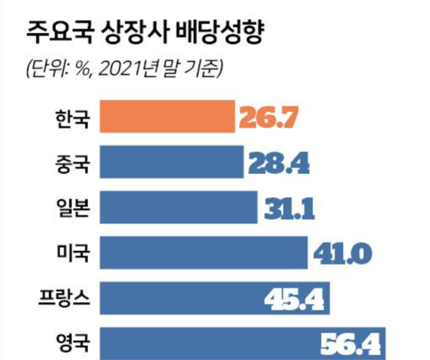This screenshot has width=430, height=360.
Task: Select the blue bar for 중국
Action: (x=172, y=162)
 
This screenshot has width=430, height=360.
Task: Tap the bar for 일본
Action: (x=178, y=207)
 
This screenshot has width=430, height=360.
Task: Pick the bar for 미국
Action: (x=204, y=252)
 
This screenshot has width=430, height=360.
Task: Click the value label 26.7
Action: (x=267, y=118)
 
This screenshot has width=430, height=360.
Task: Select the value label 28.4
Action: (x=278, y=164)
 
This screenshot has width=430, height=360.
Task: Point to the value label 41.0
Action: (x=340, y=252)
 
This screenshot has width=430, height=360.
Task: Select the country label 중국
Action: (x=72, y=163)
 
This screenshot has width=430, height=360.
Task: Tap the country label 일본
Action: (x=72, y=208)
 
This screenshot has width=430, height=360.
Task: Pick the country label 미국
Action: (x=72, y=252)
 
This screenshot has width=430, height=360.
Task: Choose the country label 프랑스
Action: (x=63, y=297)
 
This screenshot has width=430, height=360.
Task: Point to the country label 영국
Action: (x=72, y=342)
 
